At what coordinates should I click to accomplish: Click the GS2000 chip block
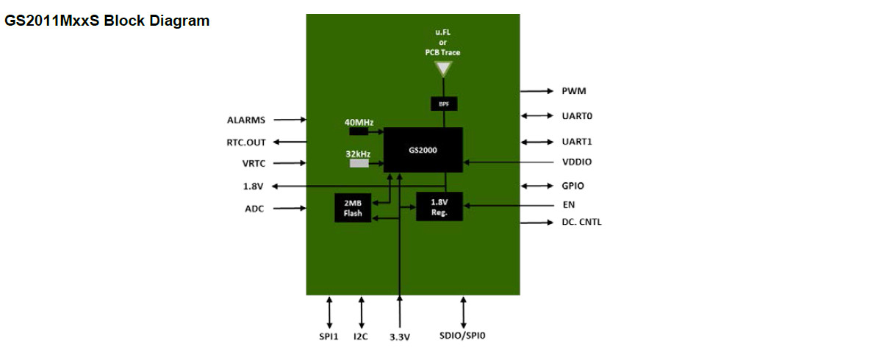(423, 150)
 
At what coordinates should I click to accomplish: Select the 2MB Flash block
(353, 208)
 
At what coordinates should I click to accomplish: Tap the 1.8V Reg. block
(439, 206)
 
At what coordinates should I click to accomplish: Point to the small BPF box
(444, 104)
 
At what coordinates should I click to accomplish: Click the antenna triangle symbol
(443, 70)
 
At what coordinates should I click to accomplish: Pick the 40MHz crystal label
(359, 122)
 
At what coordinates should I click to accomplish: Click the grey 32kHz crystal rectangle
(359, 163)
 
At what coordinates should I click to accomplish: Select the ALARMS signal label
(246, 119)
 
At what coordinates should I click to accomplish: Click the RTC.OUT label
(246, 143)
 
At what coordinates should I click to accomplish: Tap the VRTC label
(254, 164)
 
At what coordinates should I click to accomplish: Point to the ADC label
(254, 209)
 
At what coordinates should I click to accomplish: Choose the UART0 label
(577, 116)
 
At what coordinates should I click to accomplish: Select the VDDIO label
(577, 162)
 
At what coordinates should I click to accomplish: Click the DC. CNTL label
(581, 222)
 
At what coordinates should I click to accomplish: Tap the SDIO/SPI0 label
(463, 336)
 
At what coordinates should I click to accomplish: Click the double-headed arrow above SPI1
(329, 312)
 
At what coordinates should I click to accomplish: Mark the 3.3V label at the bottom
(400, 336)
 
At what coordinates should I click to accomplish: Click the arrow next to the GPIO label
(537, 187)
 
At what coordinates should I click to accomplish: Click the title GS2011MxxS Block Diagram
(107, 21)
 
